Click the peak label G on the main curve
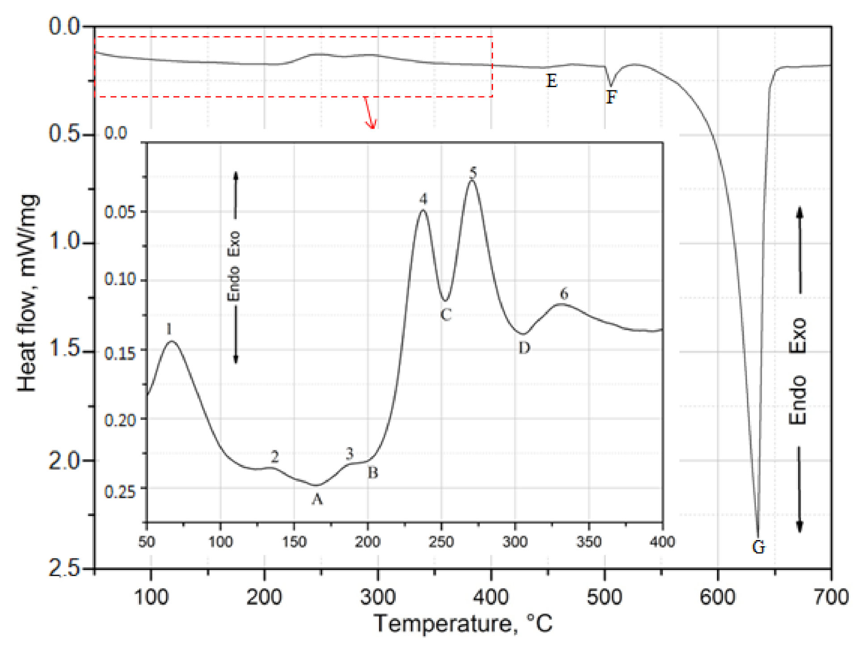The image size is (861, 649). coord(759,547)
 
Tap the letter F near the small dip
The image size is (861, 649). coord(611,97)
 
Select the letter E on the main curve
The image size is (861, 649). coord(552,81)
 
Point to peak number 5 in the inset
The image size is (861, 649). coord(473,172)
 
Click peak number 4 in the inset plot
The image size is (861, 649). coord(423,199)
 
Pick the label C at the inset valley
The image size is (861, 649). coord(446,314)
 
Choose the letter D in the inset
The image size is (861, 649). coord(524,348)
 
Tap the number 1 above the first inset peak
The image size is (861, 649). coord(169,329)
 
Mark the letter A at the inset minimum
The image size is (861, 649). coord(317,499)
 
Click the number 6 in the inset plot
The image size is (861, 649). coord(564,294)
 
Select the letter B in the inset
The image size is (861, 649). coord(372,472)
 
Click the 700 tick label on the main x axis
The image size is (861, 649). coord(831,597)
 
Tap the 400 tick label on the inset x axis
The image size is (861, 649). coord(662,542)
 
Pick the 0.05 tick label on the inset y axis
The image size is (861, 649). coord(120,212)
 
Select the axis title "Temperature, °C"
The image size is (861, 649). coord(463,624)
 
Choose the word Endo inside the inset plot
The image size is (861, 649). coord(233,284)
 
